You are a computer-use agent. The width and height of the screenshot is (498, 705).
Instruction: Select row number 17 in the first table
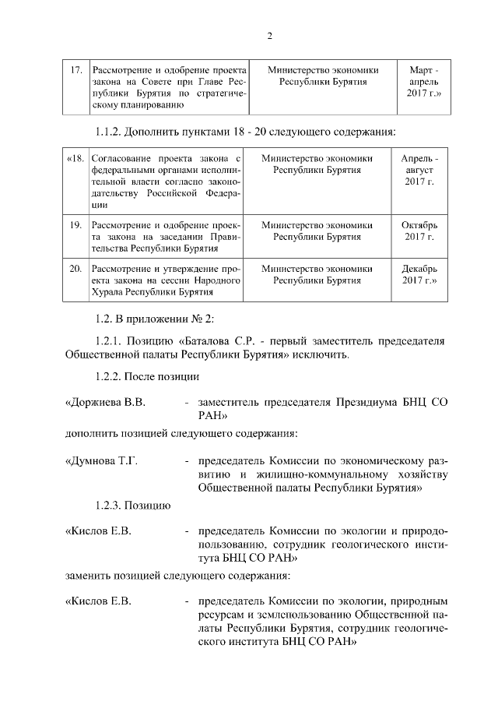pyautogui.click(x=76, y=70)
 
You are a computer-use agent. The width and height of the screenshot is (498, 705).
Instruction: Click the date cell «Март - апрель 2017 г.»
pyautogui.click(x=424, y=82)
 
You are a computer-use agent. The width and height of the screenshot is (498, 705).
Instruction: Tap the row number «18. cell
pyautogui.click(x=75, y=157)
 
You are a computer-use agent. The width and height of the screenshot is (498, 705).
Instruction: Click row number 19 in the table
pyautogui.click(x=76, y=225)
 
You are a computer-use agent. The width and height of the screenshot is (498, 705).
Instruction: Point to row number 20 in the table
pyautogui.click(x=76, y=269)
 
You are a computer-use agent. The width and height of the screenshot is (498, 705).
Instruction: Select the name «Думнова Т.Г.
pyautogui.click(x=102, y=461)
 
